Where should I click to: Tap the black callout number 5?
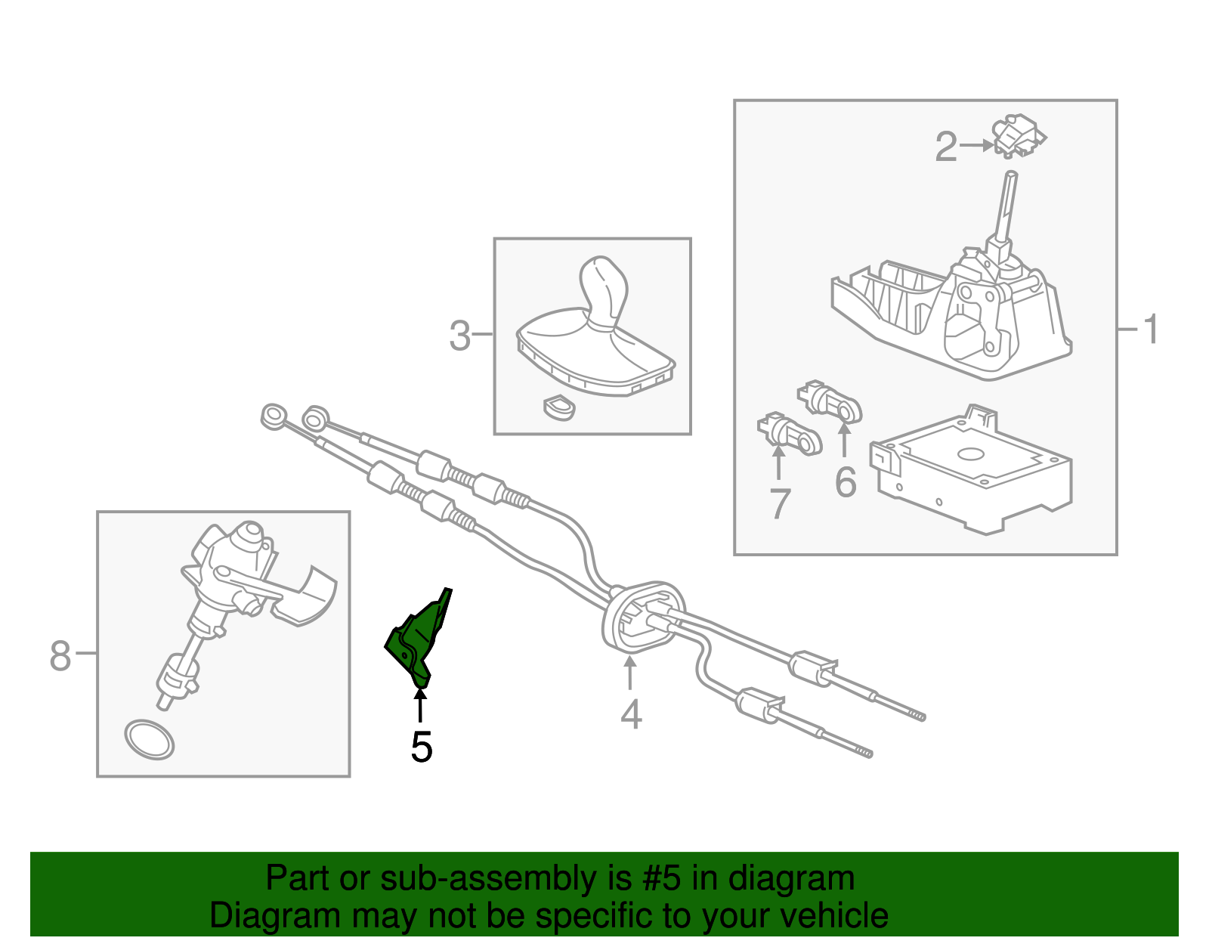[x=422, y=747]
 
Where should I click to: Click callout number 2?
[x=946, y=147]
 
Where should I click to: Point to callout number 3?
[x=459, y=336]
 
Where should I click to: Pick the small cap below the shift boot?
[x=559, y=407]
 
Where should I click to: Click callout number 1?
[x=1150, y=330]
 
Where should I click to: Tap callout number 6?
[x=846, y=482]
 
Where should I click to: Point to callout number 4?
[x=631, y=715]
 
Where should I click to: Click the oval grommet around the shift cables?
[x=642, y=616]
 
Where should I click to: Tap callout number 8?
[x=60, y=655]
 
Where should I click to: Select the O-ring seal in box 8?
[x=149, y=740]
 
